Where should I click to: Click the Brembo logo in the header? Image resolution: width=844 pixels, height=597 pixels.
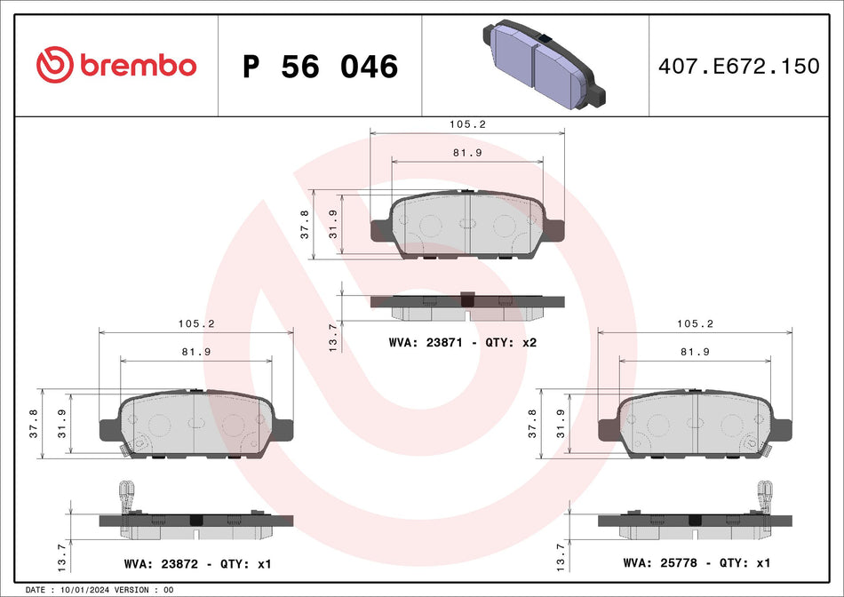[x=116, y=65]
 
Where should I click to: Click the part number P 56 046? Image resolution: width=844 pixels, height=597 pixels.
[x=320, y=67]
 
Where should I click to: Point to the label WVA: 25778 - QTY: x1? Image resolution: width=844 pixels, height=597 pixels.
[x=697, y=562]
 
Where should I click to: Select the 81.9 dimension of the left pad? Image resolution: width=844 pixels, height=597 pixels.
[x=195, y=352]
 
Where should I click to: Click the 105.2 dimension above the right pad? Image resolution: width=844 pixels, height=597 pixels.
[x=696, y=324]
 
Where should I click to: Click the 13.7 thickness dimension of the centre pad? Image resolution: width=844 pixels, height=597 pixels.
[x=333, y=337]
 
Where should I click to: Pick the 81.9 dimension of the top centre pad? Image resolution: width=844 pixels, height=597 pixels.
[x=467, y=153]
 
